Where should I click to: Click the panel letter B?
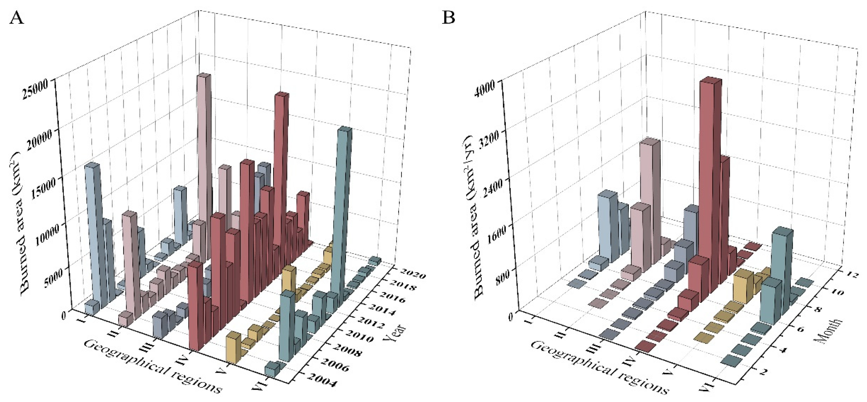[x=448, y=18]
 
